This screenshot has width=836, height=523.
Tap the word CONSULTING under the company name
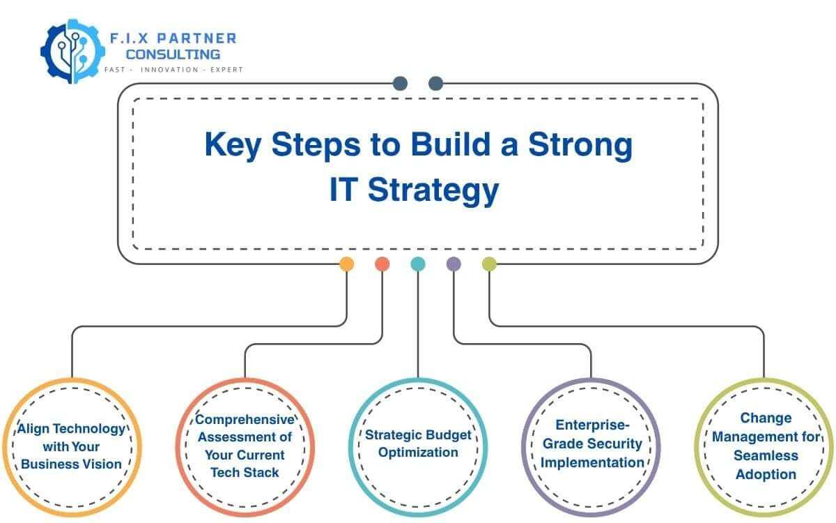click(x=173, y=54)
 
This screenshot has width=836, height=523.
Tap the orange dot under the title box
click(x=346, y=264)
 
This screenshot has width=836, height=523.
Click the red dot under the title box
click(x=382, y=264)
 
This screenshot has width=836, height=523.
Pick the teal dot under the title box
click(x=418, y=264)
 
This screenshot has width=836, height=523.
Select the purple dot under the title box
click(x=454, y=264)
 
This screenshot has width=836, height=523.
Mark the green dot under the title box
click(x=489, y=264)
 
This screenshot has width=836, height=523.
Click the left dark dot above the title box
click(x=400, y=84)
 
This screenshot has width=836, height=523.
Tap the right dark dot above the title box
click(x=436, y=84)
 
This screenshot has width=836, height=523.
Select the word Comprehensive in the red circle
click(x=245, y=420)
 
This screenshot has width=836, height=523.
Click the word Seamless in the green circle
click(x=766, y=455)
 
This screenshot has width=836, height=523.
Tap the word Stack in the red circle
click(x=261, y=473)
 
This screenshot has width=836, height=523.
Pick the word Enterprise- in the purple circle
click(x=592, y=425)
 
